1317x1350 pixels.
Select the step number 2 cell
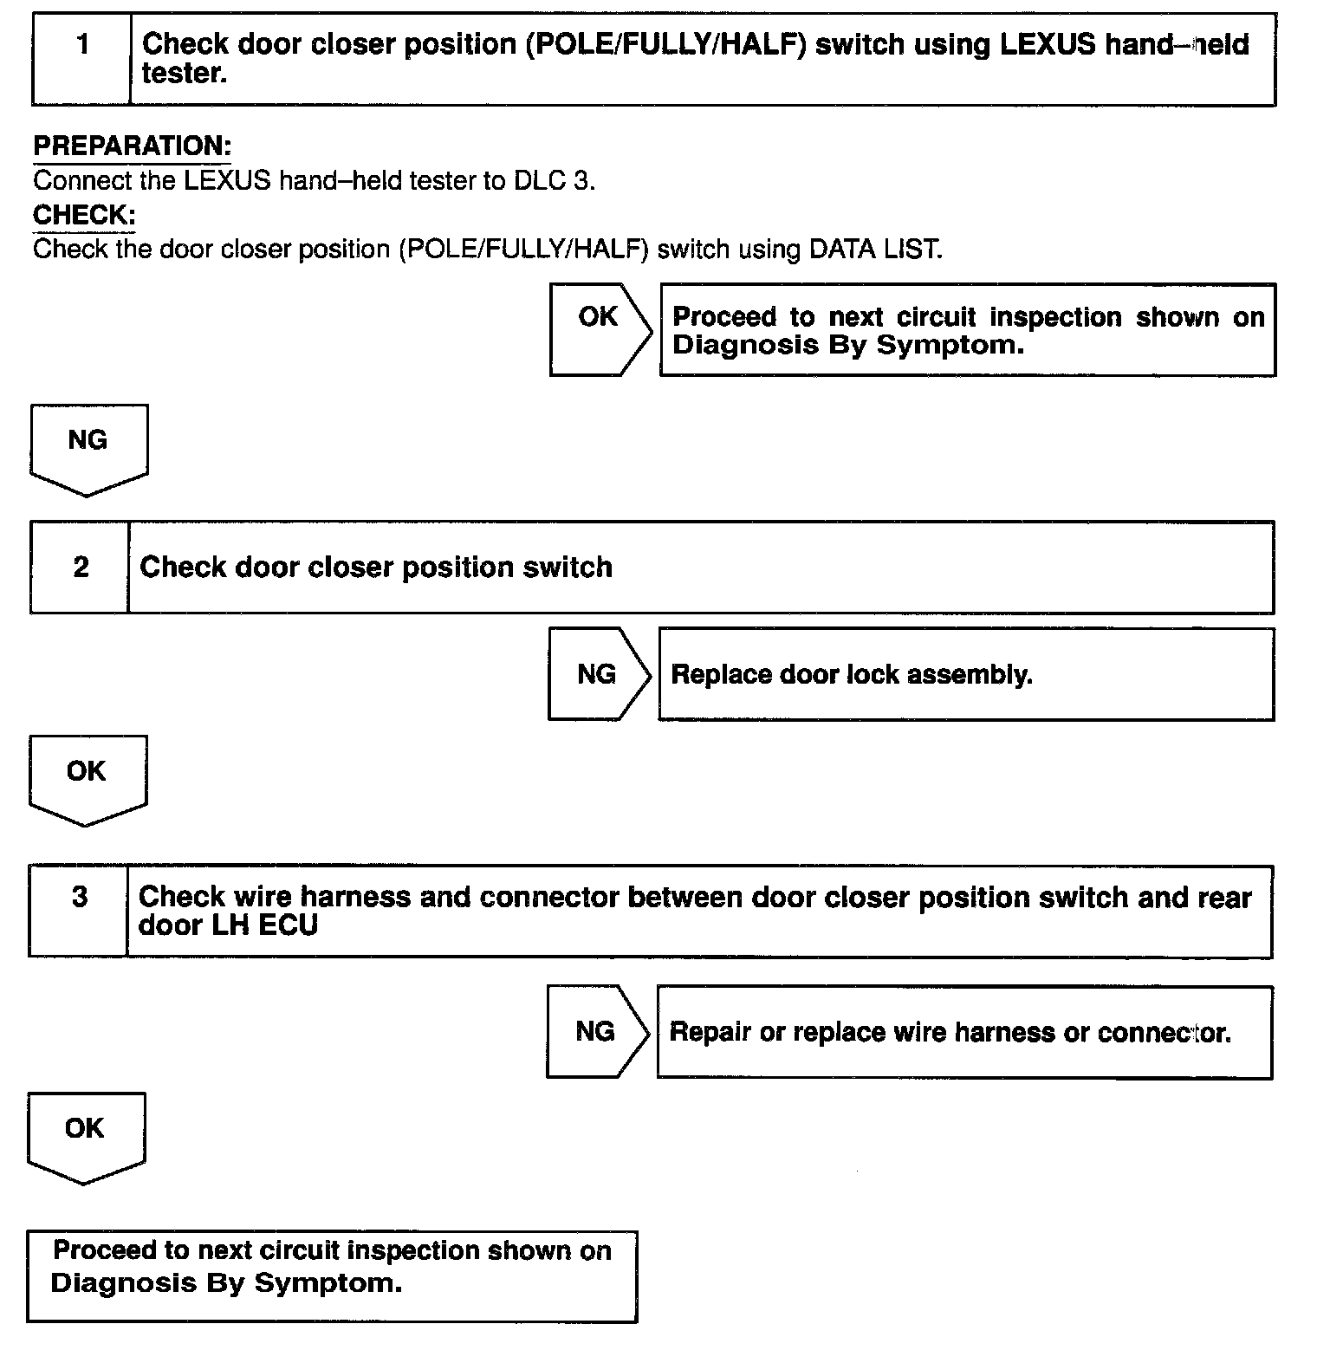click(81, 567)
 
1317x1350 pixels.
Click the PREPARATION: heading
click(133, 146)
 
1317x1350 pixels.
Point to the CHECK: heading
click(84, 214)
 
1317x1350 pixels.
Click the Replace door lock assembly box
click(965, 674)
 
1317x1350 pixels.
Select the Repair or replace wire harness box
click(963, 1032)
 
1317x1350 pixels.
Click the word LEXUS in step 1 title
click(1048, 44)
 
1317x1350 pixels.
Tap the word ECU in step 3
click(290, 925)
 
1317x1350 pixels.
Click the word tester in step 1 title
click(184, 74)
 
